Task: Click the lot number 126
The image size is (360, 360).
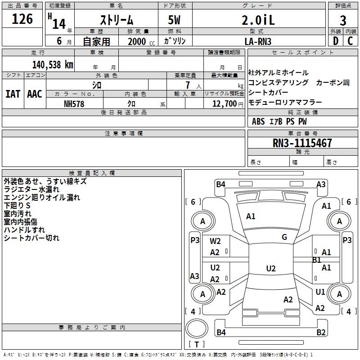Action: pyautogui.click(x=22, y=19)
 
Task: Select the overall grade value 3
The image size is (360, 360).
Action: pyautogui.click(x=343, y=20)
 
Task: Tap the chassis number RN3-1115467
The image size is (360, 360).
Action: pyautogui.click(x=302, y=144)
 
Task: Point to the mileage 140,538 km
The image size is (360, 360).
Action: pyautogui.click(x=53, y=64)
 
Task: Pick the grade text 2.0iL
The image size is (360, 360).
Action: pyautogui.click(x=258, y=20)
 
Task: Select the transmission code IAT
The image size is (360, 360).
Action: pyautogui.click(x=13, y=94)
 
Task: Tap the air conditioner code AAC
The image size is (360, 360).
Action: pyautogui.click(x=35, y=94)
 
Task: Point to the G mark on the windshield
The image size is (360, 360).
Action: pyautogui.click(x=284, y=237)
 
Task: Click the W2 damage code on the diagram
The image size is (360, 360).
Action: pyautogui.click(x=215, y=241)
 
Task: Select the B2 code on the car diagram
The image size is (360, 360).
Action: pyautogui.click(x=321, y=333)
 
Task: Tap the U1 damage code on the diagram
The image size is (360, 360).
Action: pyautogui.click(x=320, y=292)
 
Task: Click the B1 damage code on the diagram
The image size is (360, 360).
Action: pyautogui.click(x=316, y=260)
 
